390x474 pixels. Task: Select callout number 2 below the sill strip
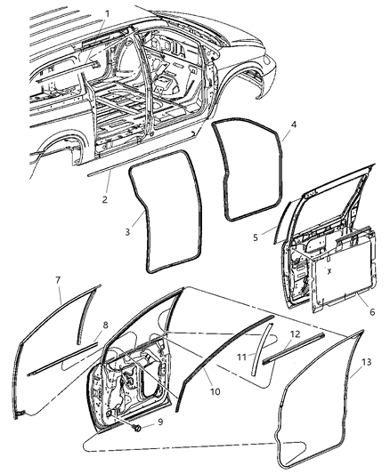coord(106,199)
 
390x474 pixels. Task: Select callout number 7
coord(59,281)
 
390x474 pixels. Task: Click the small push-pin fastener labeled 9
coord(139,428)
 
